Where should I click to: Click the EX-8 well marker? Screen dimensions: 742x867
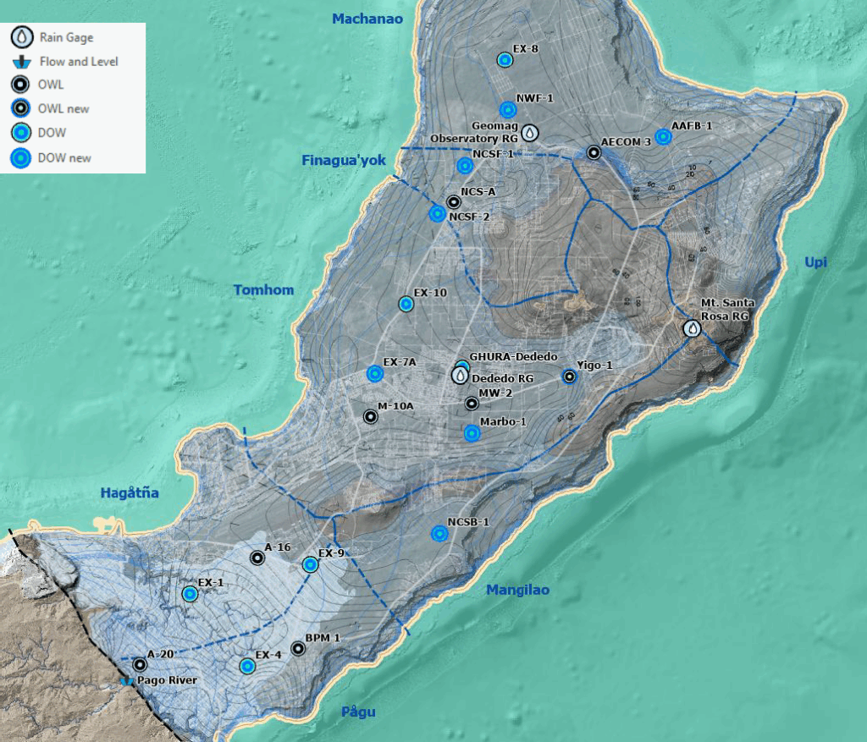[505, 60]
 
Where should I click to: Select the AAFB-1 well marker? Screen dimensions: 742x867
[664, 137]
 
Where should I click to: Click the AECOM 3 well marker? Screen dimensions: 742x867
[594, 153]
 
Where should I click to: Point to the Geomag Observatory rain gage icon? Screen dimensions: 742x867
[529, 133]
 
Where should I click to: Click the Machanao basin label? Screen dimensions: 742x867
[367, 19]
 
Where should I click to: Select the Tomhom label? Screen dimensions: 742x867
[263, 290]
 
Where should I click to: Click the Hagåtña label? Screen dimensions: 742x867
[130, 492]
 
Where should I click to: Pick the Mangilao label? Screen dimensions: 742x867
[517, 591]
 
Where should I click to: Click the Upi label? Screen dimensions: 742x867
[815, 263]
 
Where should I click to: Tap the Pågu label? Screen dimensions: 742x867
[358, 712]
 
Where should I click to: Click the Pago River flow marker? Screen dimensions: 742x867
[127, 680]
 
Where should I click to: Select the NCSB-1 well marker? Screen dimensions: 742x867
[439, 533]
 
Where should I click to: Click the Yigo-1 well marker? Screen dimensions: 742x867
[569, 377]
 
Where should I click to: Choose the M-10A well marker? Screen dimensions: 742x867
[370, 416]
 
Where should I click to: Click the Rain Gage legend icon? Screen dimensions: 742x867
[20, 37]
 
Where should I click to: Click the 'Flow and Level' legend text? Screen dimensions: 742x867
[79, 62]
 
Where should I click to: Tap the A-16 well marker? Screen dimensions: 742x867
[257, 558]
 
